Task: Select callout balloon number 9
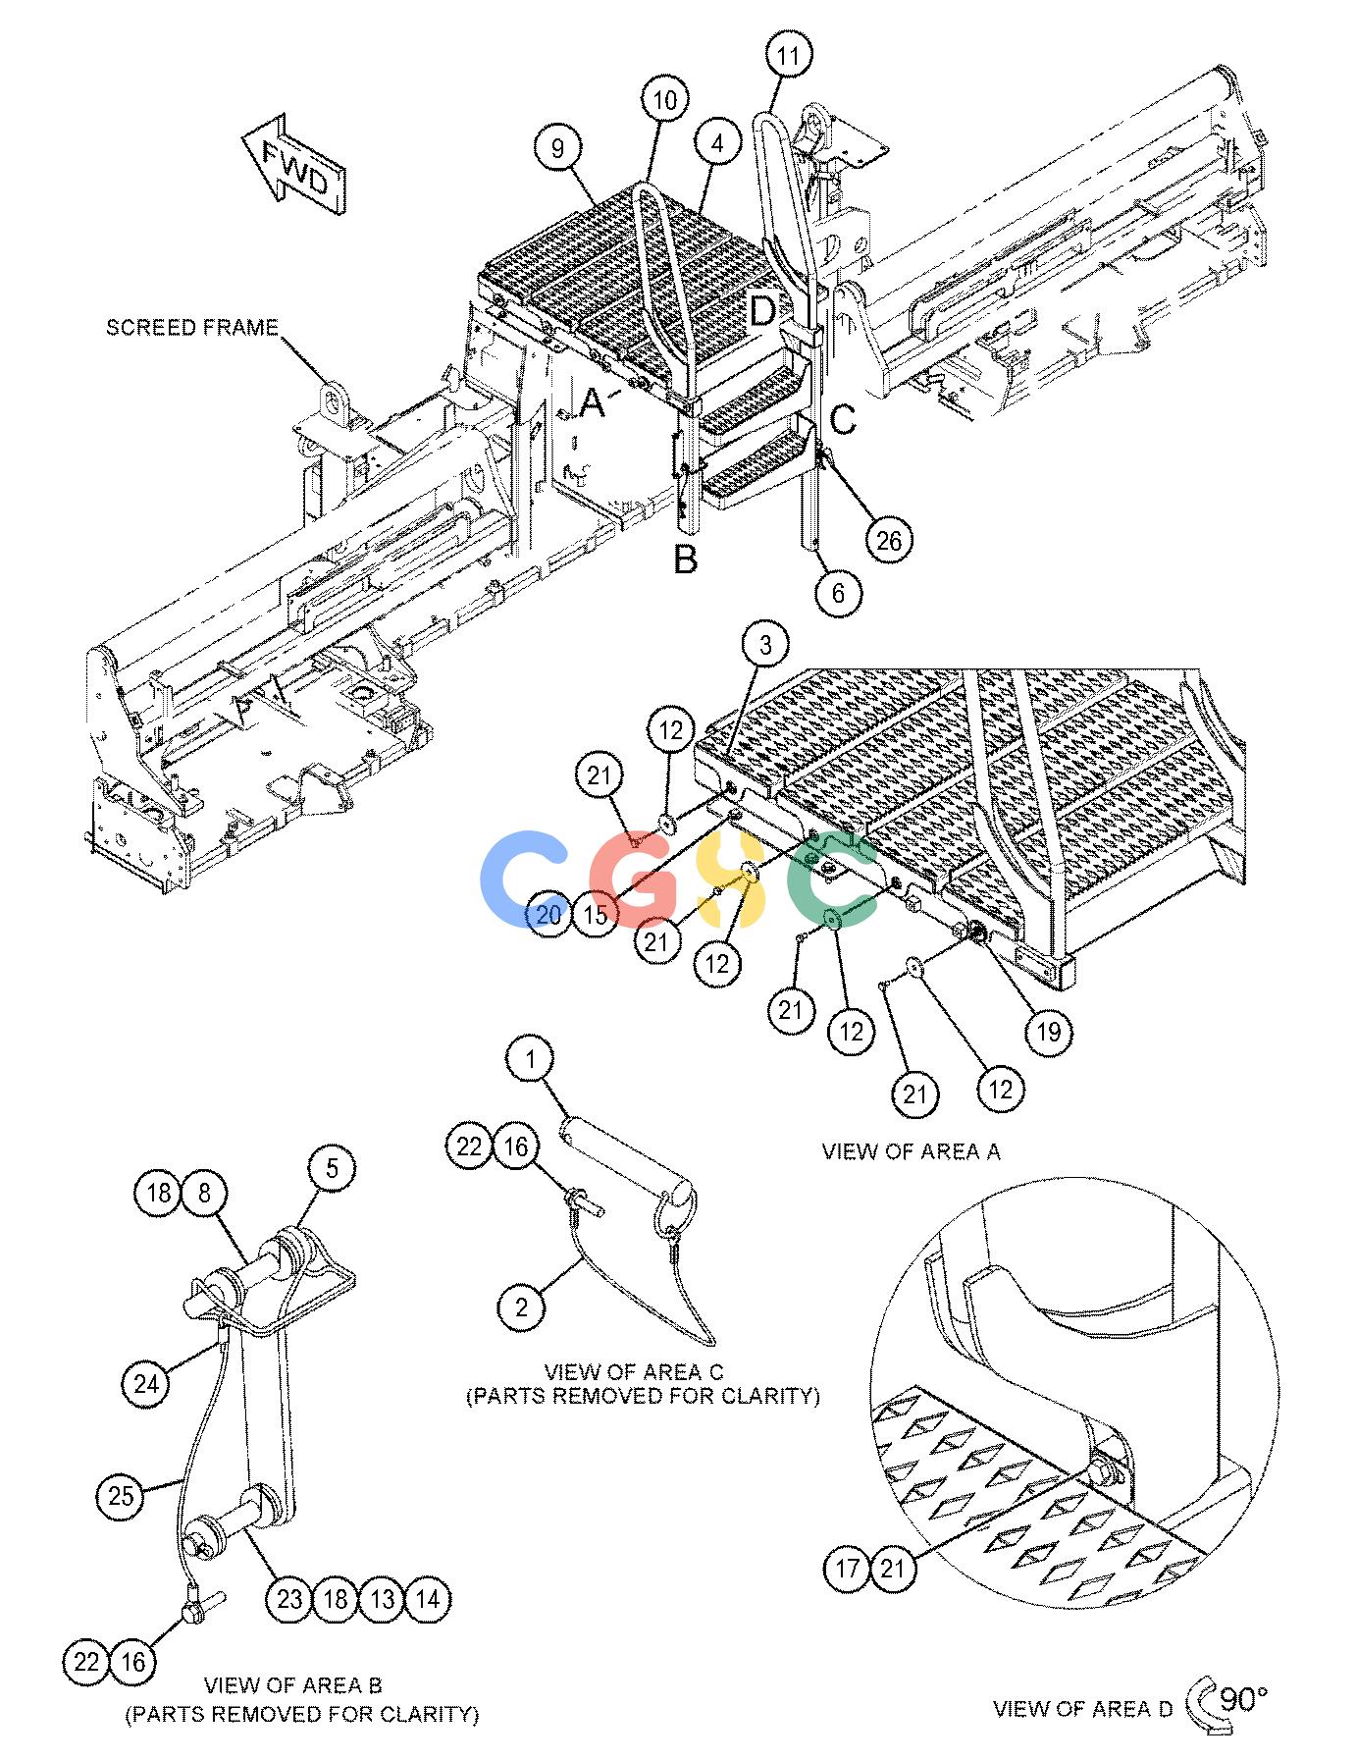(557, 148)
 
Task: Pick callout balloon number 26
(889, 539)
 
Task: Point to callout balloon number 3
(765, 644)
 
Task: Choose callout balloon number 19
(1048, 1031)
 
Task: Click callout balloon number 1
(531, 1060)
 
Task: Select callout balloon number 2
(521, 1307)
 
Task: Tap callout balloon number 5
(332, 1168)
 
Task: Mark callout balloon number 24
(145, 1384)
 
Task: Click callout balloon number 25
(121, 1496)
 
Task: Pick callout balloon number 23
(289, 1600)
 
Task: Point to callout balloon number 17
(846, 1569)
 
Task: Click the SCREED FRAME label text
(192, 327)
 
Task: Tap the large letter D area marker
(762, 311)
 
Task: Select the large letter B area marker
(685, 559)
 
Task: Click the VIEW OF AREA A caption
(912, 1151)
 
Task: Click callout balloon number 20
(548, 914)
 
